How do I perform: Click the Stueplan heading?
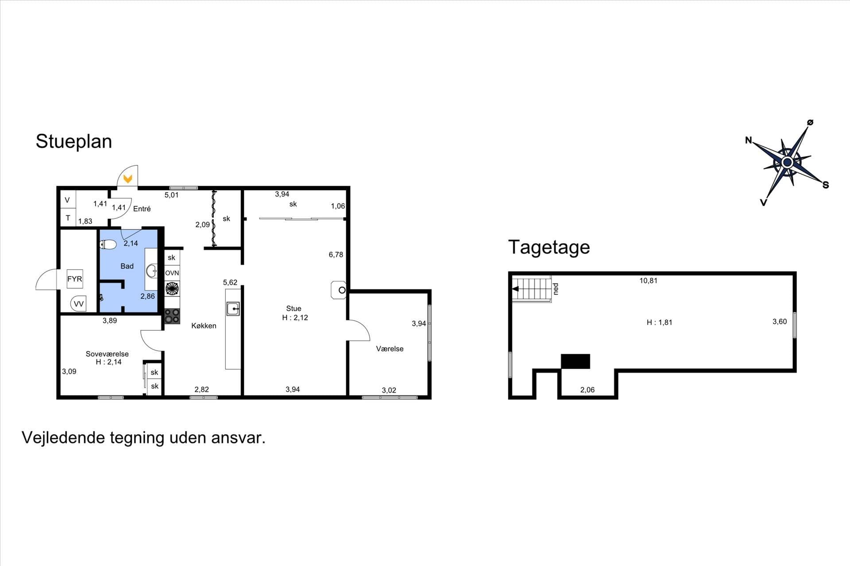(73, 142)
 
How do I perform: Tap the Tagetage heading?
(549, 248)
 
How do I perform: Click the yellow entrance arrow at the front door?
(128, 179)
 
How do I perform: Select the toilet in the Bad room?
(108, 244)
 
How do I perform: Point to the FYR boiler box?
(75, 279)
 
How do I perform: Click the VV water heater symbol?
(78, 303)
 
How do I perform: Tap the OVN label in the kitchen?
(172, 273)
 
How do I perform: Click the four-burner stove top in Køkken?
(172, 316)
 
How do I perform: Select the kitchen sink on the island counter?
(233, 309)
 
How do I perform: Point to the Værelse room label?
(390, 349)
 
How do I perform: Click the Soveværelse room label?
(107, 354)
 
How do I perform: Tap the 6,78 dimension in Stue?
(336, 255)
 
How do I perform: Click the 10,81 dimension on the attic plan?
(648, 281)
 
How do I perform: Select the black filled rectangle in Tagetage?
(576, 361)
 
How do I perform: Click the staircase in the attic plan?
(531, 289)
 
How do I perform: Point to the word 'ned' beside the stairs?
(556, 289)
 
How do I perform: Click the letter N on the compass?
(749, 140)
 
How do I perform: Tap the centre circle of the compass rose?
(787, 163)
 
